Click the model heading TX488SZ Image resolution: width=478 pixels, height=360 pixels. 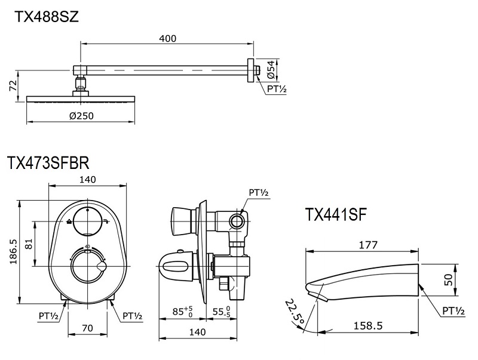pos(47,17)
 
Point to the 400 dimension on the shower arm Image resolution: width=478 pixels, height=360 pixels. pos(168,38)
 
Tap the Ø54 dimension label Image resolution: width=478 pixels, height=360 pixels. pos(271,69)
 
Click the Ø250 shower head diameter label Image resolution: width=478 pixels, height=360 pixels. pos(82,115)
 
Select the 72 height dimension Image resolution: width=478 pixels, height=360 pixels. pos(13,87)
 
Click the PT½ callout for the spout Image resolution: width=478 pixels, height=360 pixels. pos(453,311)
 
